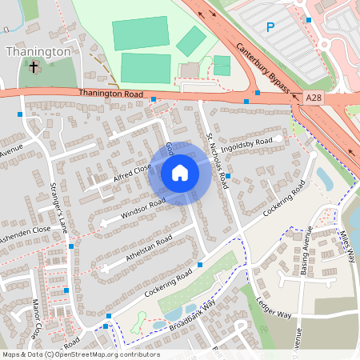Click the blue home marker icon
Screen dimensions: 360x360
point(179,173)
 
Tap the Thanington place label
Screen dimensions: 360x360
point(38,51)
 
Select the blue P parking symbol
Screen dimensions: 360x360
point(270,27)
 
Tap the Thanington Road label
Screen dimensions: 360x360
point(111,94)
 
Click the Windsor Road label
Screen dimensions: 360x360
point(142,209)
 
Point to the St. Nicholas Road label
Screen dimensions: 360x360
point(216,160)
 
